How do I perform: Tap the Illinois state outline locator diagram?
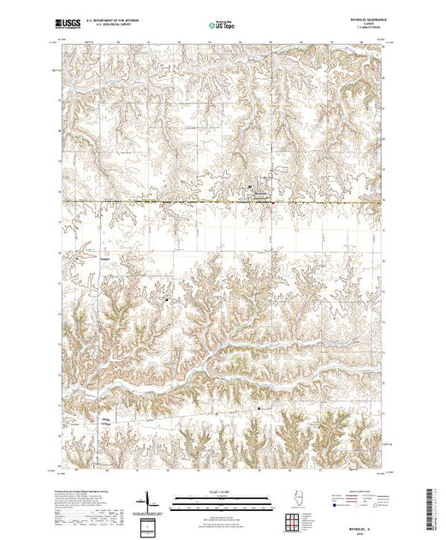click(293, 502)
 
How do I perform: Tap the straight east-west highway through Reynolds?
click(171, 201)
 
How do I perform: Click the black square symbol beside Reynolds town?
click(249, 185)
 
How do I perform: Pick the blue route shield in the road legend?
click(332, 506)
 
